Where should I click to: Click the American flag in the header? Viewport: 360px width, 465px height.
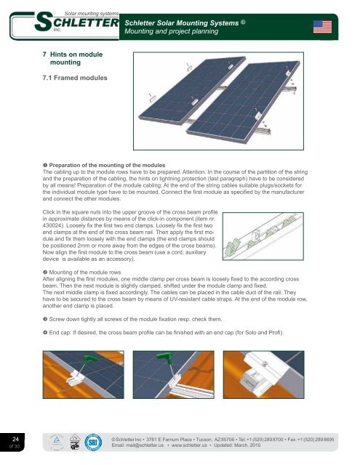[322, 27]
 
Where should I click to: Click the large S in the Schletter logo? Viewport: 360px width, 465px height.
[44, 22]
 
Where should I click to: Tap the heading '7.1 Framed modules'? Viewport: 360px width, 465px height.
[75, 78]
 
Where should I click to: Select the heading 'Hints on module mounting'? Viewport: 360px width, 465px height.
[76, 58]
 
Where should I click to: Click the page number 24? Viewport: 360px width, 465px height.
[15, 439]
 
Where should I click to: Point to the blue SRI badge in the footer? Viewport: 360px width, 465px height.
[93, 442]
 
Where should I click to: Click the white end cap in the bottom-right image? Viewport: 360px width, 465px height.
[265, 368]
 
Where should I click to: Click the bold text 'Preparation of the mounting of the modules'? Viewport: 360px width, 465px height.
[107, 165]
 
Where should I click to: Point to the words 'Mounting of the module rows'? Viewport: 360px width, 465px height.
[85, 272]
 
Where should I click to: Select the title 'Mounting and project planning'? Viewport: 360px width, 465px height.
[171, 31]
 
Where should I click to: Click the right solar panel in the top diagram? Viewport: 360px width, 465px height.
[244, 102]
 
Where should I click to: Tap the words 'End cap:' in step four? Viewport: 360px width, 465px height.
[60, 333]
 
